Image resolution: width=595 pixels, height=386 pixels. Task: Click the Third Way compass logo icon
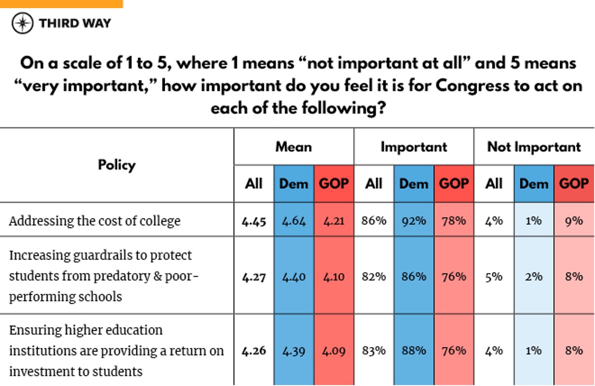pos(23,23)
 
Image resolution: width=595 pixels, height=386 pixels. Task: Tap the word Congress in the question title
pos(472,86)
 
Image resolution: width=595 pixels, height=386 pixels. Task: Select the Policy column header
pos(117,165)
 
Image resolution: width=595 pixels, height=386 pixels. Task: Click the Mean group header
pos(293,147)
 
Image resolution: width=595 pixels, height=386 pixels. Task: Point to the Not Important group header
pos(533,147)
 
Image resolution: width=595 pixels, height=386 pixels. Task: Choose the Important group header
pos(414,147)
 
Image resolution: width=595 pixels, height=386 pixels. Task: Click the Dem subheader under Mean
pos(293,184)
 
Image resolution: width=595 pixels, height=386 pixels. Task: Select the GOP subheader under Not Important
pos(574,184)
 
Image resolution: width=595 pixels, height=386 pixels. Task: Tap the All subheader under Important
pos(373,184)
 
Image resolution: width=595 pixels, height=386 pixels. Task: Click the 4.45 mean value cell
pos(254,221)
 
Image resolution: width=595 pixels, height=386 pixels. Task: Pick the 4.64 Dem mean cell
pos(293,221)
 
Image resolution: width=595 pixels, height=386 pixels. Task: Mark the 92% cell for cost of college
pos(414,221)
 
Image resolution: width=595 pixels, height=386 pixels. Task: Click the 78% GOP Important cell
pos(453,221)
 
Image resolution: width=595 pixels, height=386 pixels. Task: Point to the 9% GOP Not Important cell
pos(574,221)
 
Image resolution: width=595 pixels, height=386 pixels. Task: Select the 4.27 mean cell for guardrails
pos(254,277)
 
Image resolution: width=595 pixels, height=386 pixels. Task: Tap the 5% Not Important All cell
pos(494,277)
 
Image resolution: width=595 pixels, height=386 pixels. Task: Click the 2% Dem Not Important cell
pos(533,277)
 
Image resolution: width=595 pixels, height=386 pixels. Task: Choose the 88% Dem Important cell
pos(414,350)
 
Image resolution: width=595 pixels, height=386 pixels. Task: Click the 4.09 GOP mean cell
pos(334,351)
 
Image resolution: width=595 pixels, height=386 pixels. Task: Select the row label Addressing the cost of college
pos(94,221)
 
